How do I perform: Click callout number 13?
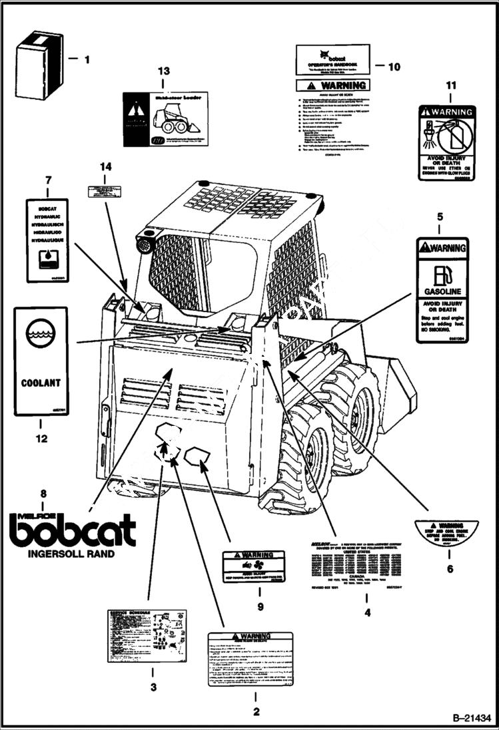coord(164,71)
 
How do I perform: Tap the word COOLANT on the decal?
coord(41,383)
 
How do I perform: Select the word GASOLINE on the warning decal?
coord(442,291)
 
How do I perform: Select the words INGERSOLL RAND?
coord(71,554)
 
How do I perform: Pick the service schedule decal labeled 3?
coord(148,636)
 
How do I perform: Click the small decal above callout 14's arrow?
coord(105,191)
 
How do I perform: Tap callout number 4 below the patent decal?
coord(367,612)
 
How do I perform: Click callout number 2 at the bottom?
coord(254,712)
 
